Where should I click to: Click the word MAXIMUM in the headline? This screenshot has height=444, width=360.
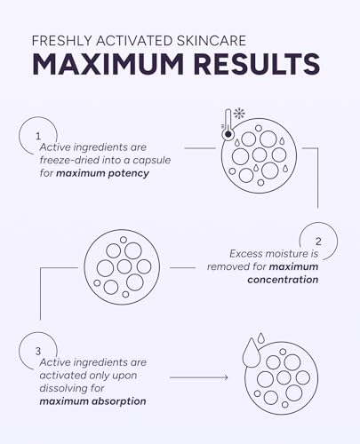tap(108, 65)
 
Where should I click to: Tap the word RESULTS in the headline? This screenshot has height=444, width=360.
tap(257, 65)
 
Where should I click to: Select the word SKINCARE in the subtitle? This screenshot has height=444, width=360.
tap(212, 41)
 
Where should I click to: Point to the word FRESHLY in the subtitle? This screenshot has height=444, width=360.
tap(62, 41)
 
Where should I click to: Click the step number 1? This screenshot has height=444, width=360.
tap(38, 136)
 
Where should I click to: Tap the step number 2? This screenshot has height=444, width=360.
tap(318, 242)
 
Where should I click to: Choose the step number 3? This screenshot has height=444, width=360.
tap(38, 351)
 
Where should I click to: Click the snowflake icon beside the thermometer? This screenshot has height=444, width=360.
tap(239, 114)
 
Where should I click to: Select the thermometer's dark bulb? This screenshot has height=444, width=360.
tap(228, 134)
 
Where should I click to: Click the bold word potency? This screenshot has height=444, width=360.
tap(128, 173)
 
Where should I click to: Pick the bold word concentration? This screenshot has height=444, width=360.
tap(283, 280)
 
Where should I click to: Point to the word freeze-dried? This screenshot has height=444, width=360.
tap(69, 160)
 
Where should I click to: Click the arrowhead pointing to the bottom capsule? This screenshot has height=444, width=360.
tap(226, 377)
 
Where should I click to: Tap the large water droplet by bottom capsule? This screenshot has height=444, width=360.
tap(251, 353)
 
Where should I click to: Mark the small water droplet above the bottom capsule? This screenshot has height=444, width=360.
tap(260, 337)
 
